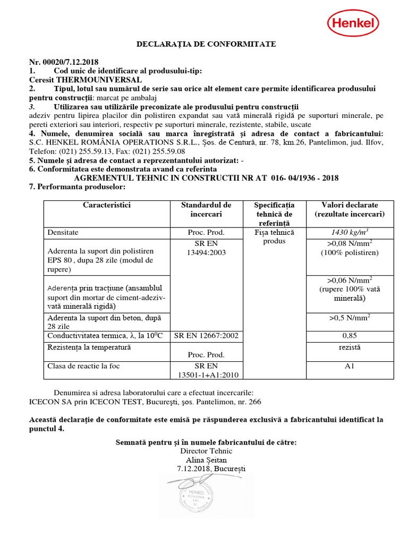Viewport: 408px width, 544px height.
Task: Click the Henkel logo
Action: point(353,23)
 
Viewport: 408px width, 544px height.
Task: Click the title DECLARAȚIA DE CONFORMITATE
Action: point(206,44)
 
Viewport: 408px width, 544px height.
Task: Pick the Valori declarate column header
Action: point(350,209)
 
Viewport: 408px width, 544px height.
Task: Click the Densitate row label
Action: point(63,233)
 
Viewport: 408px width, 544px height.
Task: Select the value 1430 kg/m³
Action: point(349,233)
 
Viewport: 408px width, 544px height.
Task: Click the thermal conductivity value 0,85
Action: point(349,336)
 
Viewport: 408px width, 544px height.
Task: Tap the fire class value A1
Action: point(349,366)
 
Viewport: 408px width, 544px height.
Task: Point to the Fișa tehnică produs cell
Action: point(274,237)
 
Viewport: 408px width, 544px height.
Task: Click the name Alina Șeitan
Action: point(206,460)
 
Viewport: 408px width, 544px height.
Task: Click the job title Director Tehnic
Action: point(206,451)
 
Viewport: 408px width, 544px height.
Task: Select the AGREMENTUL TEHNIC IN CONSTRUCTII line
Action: point(206,178)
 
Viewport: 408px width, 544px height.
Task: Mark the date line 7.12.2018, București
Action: point(211,469)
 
